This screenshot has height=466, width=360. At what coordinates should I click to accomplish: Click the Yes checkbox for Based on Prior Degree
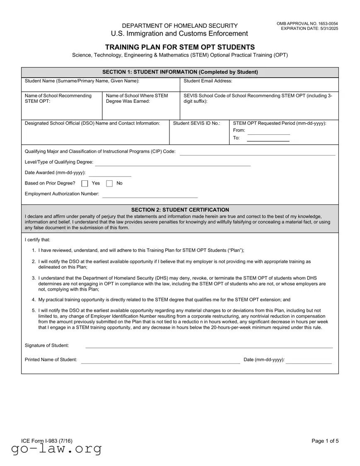point(85,183)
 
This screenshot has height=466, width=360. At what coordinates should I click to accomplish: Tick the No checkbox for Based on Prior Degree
point(110,183)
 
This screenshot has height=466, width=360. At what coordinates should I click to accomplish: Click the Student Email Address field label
point(208,81)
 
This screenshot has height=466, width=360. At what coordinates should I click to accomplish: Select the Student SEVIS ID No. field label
point(196,123)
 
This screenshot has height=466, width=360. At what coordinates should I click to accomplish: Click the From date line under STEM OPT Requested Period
point(268,133)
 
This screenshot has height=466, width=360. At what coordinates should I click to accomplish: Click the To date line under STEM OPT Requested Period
point(268,141)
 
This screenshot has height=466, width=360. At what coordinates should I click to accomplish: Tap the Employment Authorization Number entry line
point(150,197)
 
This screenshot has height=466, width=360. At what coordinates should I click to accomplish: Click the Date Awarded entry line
point(110,176)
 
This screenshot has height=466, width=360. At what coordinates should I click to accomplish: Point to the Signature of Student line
point(209,347)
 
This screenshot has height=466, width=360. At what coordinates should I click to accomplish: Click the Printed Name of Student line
point(160,362)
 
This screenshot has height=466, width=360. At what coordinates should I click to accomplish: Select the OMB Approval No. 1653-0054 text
point(307,24)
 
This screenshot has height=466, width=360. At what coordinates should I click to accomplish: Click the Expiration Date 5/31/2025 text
point(309,29)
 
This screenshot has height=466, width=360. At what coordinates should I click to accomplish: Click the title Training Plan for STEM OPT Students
point(180,47)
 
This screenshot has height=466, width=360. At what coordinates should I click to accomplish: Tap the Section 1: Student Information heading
point(180,72)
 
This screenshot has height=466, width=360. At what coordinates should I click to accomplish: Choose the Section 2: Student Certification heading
point(180,210)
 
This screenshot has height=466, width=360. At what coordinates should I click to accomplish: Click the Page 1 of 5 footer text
point(325,441)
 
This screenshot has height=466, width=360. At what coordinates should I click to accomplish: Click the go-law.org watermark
point(56,449)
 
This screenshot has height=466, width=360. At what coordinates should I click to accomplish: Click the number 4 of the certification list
point(34,300)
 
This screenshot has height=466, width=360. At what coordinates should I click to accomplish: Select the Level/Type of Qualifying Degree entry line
point(173,165)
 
